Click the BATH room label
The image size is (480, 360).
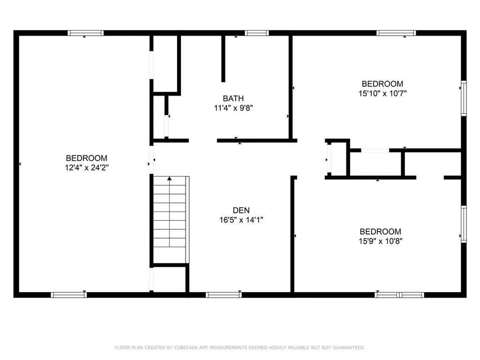pos(233,98)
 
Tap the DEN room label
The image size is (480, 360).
pos(241,210)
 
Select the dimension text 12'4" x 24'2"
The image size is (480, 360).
pos(87,167)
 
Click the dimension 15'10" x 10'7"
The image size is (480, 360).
pos(382,93)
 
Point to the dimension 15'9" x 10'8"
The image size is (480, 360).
pos(380,241)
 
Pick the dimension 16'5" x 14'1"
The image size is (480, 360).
pos(241,219)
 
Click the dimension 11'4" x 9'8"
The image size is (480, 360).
pos(233,108)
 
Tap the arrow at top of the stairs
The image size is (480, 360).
pos(170,179)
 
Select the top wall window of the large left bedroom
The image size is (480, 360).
pos(85,33)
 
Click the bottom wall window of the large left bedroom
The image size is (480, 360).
pos(68,295)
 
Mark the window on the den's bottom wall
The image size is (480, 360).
pos(224,295)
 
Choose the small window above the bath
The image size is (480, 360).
pos(257,33)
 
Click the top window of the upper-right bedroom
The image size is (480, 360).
pos(396,33)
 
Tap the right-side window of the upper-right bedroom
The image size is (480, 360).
pos(464,97)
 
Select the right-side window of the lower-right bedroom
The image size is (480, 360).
pos(464,224)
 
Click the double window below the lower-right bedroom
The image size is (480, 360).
pos(399,295)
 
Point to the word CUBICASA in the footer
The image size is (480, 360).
pos(173,347)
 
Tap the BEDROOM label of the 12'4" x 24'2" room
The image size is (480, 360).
pos(87,158)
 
